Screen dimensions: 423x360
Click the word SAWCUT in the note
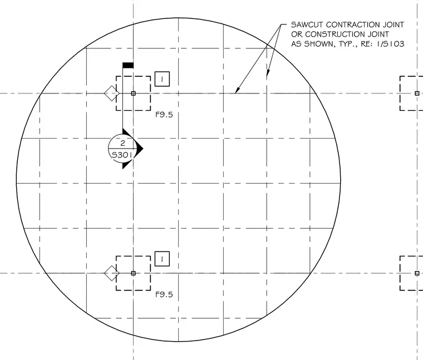click(x=307, y=25)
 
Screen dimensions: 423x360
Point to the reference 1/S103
click(x=390, y=44)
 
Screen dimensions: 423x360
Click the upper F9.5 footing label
click(x=164, y=115)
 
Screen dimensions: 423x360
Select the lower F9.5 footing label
click(x=164, y=294)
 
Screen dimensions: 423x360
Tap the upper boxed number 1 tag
click(x=162, y=79)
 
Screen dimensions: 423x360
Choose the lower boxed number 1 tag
click(x=162, y=259)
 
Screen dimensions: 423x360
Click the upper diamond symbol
click(x=112, y=93)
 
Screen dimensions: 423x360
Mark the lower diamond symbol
click(x=112, y=273)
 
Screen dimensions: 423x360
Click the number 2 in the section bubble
click(x=123, y=143)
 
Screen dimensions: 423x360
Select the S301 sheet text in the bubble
click(x=122, y=155)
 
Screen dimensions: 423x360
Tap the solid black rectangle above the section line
click(x=128, y=65)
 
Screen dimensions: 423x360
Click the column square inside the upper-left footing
click(x=133, y=93)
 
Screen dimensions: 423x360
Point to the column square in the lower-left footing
click(x=133, y=273)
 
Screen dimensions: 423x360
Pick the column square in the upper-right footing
click(x=417, y=93)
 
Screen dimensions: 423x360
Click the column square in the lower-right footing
click(x=417, y=273)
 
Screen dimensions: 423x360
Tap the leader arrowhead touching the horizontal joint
click(x=237, y=90)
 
